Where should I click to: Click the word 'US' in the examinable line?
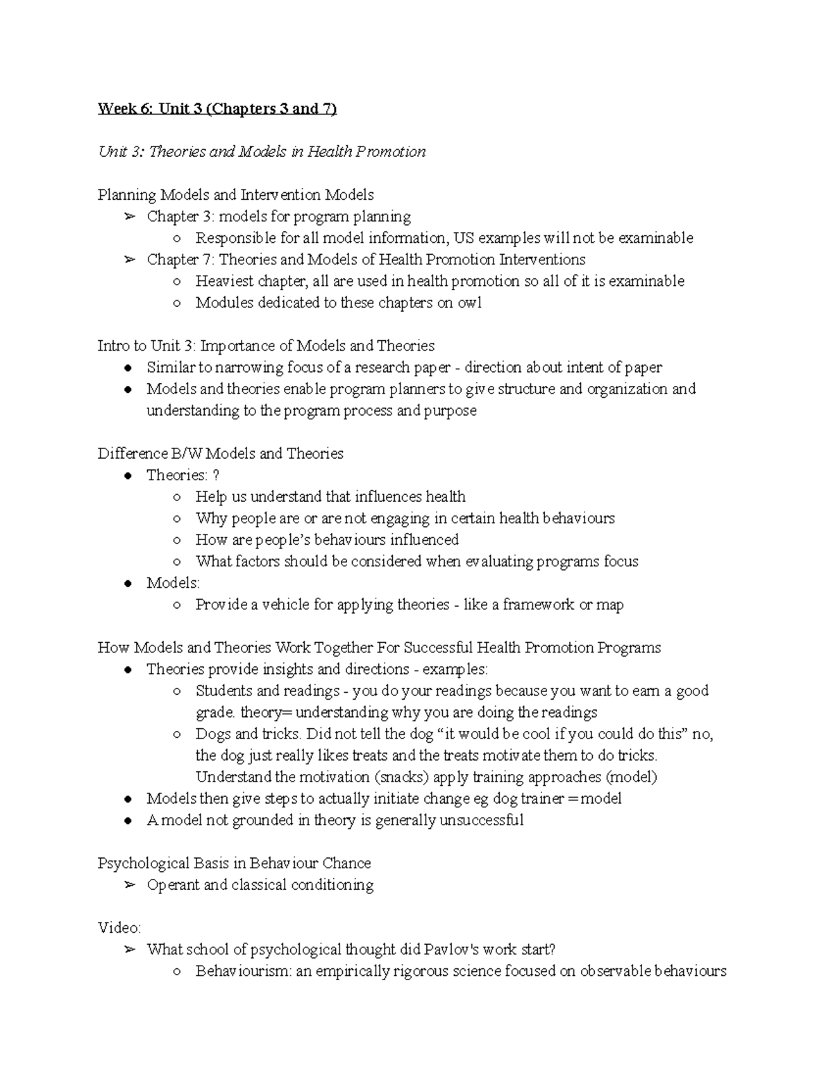462,238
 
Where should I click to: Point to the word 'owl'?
469,303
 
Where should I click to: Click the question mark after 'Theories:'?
217,475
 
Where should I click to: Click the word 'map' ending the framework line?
609,605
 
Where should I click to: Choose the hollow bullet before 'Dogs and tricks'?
178,734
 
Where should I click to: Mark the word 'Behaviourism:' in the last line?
244,971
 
